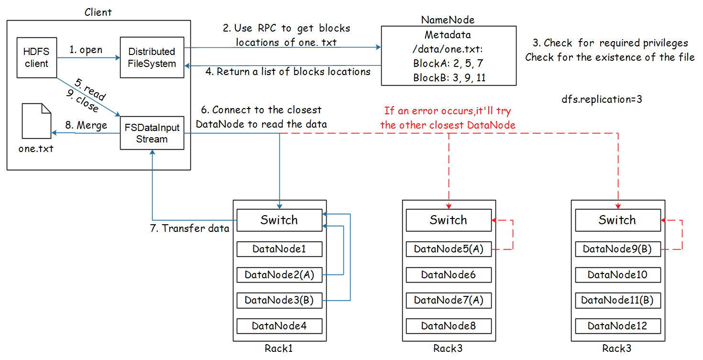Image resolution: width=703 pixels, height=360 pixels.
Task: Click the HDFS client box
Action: tap(36, 57)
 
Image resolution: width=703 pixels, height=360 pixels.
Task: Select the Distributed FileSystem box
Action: tap(152, 57)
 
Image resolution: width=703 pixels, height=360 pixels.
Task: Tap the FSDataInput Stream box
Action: tap(152, 133)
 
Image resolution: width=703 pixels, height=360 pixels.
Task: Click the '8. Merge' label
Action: tap(86, 125)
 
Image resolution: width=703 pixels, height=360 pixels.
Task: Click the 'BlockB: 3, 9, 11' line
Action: tap(449, 77)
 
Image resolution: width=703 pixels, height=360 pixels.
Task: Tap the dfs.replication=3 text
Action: tap(605, 100)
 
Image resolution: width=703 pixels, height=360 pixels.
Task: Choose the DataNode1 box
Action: tap(279, 249)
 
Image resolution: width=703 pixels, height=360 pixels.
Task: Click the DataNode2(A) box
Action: tap(279, 275)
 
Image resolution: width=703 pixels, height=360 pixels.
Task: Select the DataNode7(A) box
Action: tap(449, 300)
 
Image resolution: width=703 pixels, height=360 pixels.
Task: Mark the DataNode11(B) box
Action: tap(617, 300)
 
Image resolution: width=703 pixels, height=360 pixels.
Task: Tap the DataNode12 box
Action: tap(617, 326)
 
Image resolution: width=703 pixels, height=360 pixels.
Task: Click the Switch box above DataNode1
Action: tap(279, 220)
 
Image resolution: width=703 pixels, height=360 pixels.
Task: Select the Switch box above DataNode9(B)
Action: tap(617, 220)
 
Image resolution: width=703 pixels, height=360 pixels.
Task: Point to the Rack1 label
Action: tap(279, 349)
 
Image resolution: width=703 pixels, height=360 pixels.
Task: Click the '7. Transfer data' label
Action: tap(190, 229)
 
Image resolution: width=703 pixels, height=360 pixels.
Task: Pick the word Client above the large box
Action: tap(98, 11)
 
